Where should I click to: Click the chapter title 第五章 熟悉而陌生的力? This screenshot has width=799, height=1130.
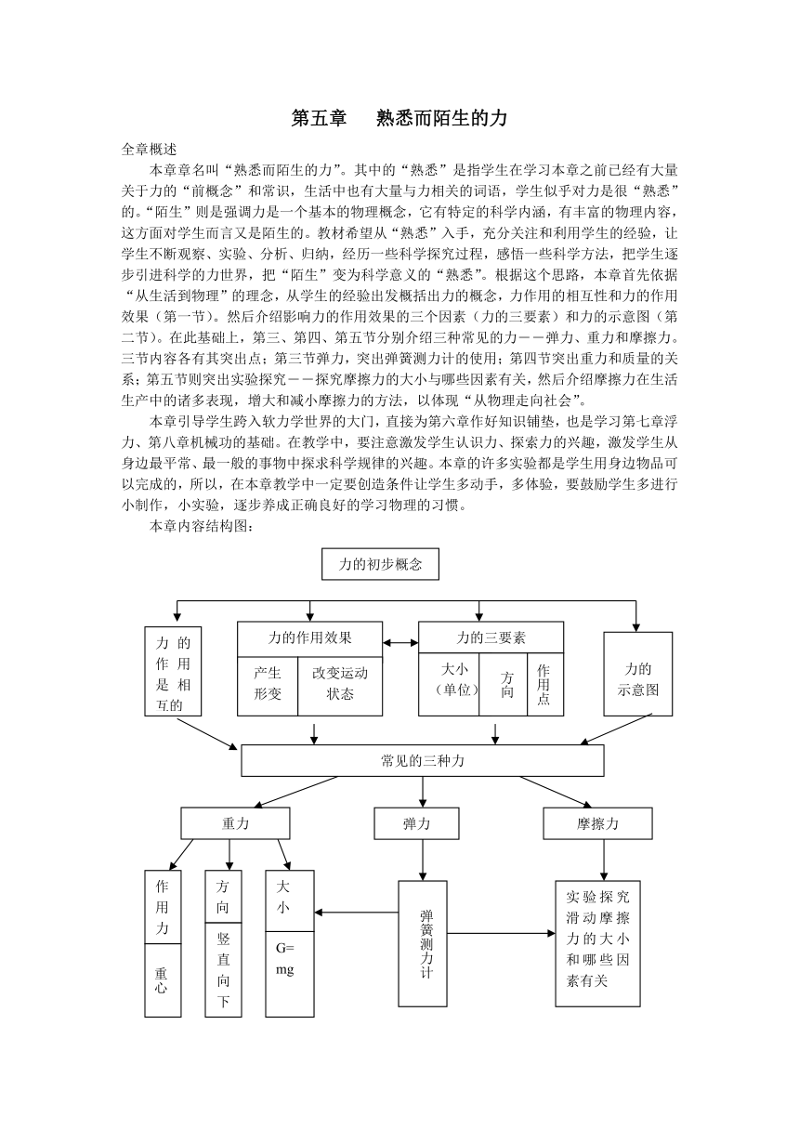coord(399,118)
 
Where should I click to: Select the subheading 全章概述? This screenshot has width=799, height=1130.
coord(149,150)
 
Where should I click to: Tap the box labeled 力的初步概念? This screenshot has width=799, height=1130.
coord(380,564)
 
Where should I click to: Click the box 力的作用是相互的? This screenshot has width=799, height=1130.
coord(173,672)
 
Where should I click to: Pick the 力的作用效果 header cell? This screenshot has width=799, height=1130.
coord(309,638)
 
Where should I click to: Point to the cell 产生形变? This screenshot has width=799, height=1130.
coord(268,686)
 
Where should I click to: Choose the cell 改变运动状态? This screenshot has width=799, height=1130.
coord(340,686)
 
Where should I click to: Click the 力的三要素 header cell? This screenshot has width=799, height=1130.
coord(491,637)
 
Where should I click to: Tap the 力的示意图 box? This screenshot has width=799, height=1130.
coord(638,674)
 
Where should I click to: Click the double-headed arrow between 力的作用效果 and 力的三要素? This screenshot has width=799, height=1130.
coord(400,643)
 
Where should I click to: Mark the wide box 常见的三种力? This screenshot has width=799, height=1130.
coord(423,761)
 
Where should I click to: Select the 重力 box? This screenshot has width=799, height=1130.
coord(236,823)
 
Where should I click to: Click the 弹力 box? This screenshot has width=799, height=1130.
coord(416,823)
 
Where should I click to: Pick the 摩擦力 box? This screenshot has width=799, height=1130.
coord(597,823)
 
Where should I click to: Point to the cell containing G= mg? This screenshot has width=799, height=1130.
coord(290,974)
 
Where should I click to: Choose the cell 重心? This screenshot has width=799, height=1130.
coord(163,980)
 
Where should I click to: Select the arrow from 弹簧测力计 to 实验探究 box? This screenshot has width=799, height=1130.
coord(501,933)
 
